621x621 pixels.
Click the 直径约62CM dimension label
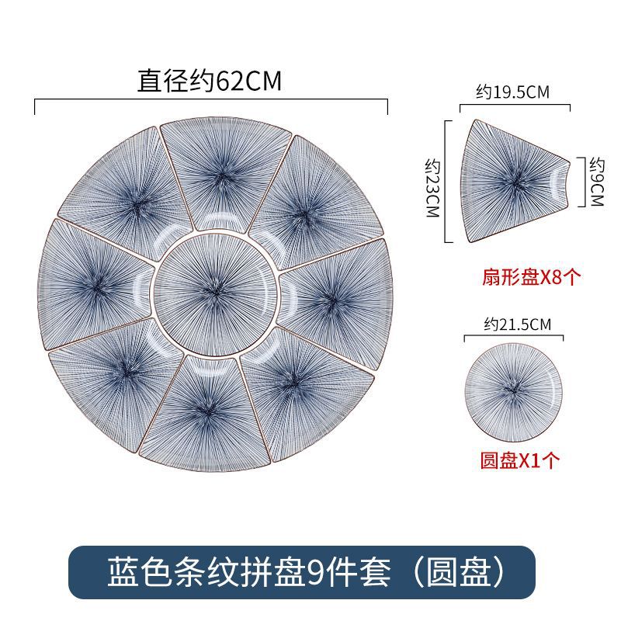(x=210, y=82)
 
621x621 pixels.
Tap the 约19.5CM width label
(x=512, y=92)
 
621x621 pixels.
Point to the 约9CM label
(x=596, y=181)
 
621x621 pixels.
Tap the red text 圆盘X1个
(x=519, y=461)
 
